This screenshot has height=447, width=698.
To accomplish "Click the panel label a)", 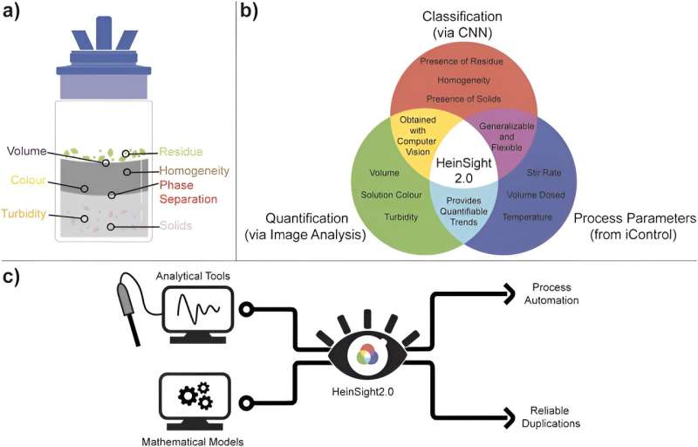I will coord(16,13).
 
